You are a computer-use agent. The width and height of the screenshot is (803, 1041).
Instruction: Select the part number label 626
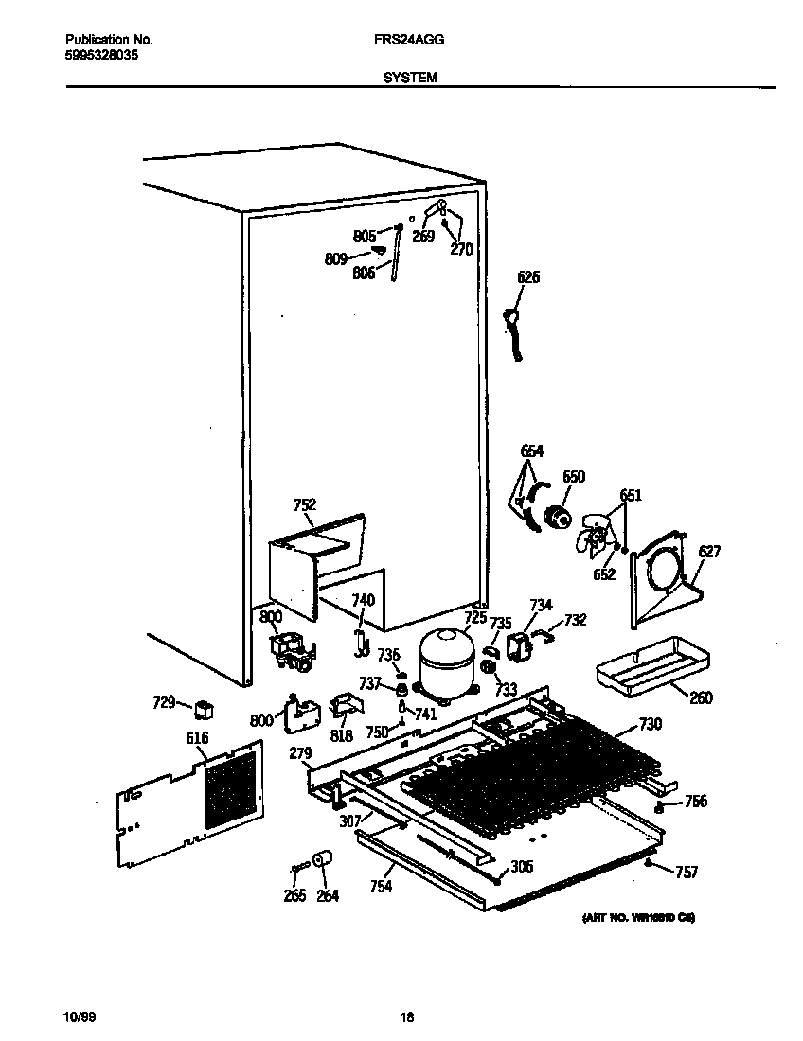click(528, 277)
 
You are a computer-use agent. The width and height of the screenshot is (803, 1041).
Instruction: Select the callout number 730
click(651, 725)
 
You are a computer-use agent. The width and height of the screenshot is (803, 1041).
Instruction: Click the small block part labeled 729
click(204, 709)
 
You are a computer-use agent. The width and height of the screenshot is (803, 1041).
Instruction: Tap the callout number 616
click(198, 737)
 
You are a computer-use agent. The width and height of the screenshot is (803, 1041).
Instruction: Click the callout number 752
click(305, 505)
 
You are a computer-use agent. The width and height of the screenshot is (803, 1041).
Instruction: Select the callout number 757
click(686, 872)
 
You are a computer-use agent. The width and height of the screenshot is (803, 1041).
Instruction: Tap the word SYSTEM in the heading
click(410, 79)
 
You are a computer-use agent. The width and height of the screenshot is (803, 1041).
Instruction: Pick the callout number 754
click(381, 886)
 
